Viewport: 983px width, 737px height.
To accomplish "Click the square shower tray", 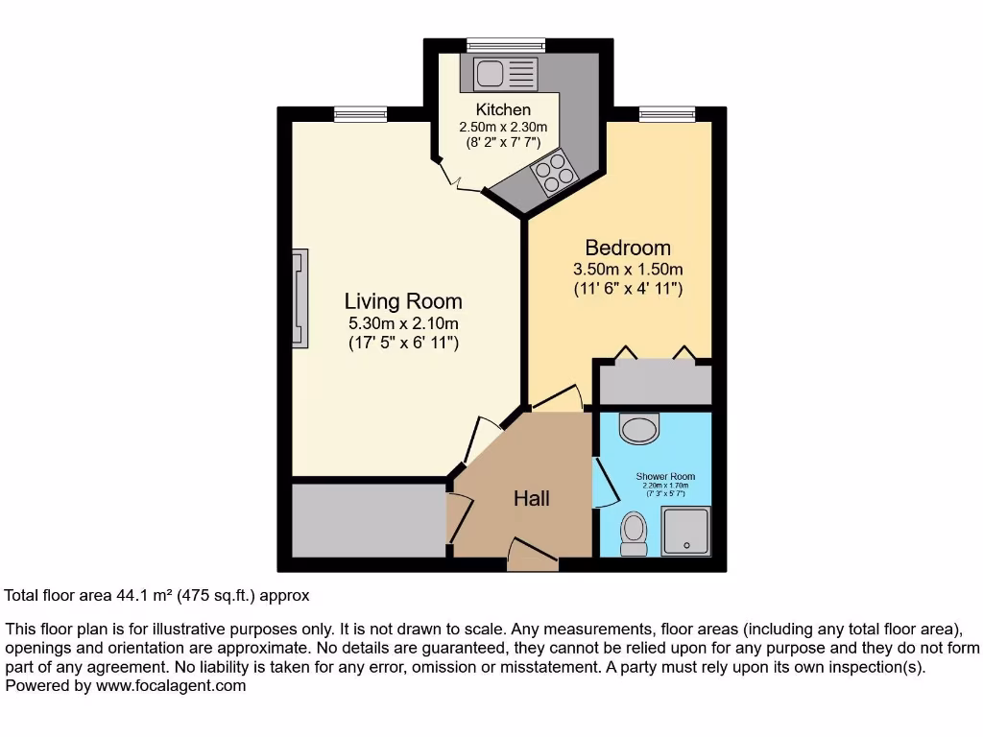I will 686,530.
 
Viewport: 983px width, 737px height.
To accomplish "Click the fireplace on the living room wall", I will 301,297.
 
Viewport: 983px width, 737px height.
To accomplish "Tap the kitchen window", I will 506,44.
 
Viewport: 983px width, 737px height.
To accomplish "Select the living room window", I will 361,114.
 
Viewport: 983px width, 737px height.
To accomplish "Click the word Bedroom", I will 628,249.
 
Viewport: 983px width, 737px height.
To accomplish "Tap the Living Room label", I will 403,301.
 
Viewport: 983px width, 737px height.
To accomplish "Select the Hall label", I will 531,498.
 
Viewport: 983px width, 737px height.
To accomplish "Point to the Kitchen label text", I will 503,110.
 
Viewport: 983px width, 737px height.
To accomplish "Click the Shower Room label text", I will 665,476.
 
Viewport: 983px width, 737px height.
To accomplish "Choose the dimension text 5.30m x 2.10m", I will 403,323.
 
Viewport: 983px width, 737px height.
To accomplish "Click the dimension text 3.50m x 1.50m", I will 628,270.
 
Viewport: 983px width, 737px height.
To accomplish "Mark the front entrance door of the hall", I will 532,554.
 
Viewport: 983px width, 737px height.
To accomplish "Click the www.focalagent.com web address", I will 171,686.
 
